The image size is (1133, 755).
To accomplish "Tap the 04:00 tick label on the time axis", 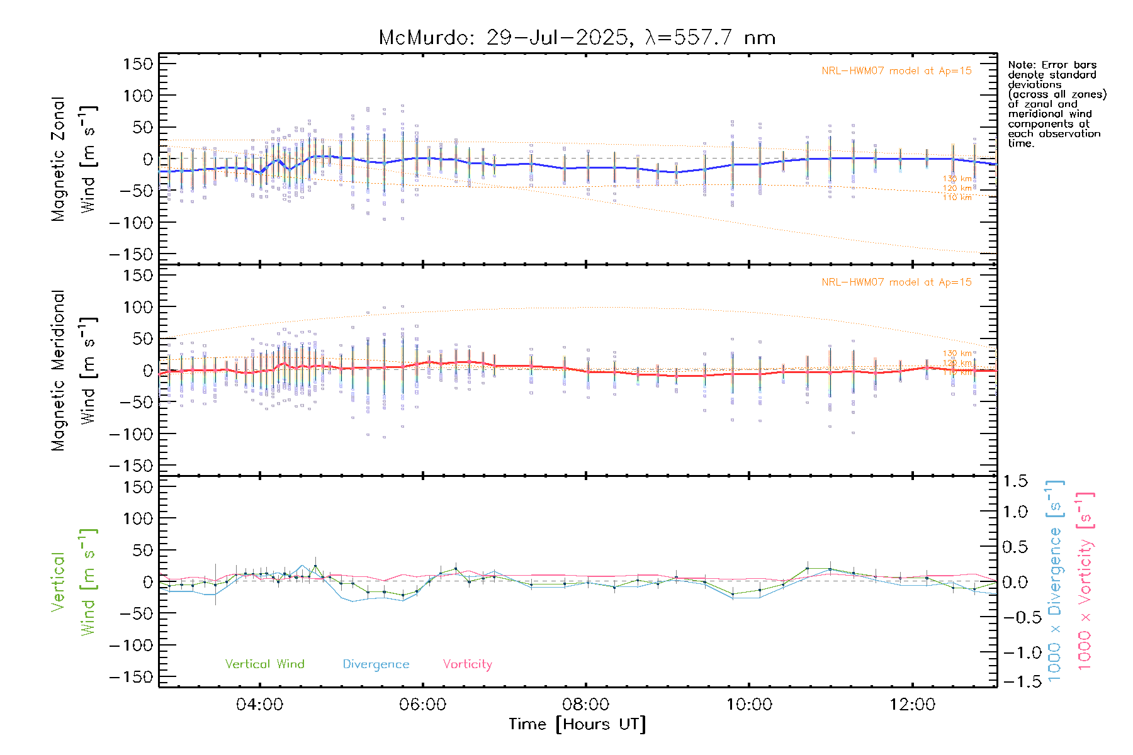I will click(259, 705).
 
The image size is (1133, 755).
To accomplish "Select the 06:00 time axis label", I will click(422, 705).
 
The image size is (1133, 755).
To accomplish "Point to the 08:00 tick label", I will click(586, 705).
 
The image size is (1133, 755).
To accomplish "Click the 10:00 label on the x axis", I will click(749, 705).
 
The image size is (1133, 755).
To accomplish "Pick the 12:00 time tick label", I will click(912, 705).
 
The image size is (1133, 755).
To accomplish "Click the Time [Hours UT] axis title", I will click(577, 724).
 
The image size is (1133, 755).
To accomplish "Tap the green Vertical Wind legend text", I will click(264, 664).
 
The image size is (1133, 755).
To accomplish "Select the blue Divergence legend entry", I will click(376, 664).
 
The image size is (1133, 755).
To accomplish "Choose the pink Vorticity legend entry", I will click(467, 664).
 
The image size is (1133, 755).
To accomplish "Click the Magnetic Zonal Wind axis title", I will click(74, 159).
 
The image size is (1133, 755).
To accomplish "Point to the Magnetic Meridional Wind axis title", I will click(74, 371).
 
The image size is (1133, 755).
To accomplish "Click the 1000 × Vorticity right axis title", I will click(1085, 581).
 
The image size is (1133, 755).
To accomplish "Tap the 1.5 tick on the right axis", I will click(1015, 481).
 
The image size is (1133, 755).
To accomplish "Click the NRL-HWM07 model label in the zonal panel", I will click(896, 71).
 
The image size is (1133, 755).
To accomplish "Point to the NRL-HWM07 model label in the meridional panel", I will click(896, 282).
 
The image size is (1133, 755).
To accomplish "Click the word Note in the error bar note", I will click(1020, 65).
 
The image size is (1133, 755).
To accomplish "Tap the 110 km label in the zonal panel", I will click(957, 198).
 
